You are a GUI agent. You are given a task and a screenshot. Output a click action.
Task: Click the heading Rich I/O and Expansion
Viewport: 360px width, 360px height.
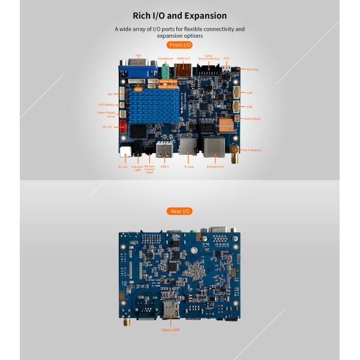(x=180, y=15)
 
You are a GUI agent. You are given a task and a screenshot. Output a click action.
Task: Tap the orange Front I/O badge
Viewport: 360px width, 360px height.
(x=179, y=45)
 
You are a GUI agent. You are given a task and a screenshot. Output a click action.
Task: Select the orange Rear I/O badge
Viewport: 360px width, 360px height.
(x=179, y=211)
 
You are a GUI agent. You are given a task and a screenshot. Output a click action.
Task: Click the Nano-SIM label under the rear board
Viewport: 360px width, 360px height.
(x=172, y=330)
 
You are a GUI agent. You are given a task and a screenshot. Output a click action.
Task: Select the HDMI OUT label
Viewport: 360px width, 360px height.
(x=183, y=59)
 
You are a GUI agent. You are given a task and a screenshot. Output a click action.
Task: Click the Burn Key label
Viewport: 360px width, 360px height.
(x=253, y=70)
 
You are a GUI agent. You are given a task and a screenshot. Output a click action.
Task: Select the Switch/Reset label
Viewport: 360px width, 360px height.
(x=252, y=119)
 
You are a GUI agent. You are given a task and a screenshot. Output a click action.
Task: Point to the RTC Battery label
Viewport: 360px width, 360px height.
(x=106, y=104)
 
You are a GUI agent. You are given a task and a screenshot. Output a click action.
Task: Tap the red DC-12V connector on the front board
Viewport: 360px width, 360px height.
(x=124, y=127)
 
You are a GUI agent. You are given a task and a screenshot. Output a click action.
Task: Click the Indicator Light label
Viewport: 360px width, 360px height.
(x=137, y=169)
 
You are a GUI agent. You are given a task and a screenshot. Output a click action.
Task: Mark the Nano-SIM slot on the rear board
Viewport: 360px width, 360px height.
(x=170, y=308)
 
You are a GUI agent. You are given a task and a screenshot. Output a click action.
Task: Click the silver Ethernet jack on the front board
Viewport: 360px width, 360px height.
(x=214, y=146)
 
